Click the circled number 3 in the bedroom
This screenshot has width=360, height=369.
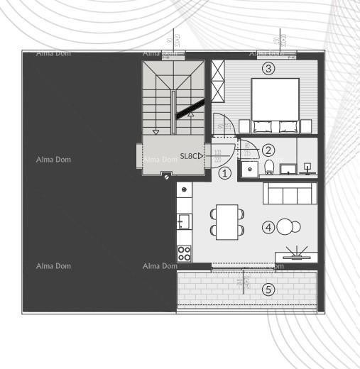(268, 68)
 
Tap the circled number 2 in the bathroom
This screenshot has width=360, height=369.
(268, 150)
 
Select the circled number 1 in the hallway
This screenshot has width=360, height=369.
(225, 172)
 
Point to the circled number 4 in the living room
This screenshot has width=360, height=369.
(268, 227)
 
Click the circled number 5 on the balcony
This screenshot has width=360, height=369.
(268, 289)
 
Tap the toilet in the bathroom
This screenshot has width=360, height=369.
(268, 167)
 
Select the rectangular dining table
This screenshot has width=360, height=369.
(227, 221)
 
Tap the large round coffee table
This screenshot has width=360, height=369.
(285, 227)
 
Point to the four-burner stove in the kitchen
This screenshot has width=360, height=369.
(184, 253)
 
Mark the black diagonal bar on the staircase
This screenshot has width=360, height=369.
(190, 109)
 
